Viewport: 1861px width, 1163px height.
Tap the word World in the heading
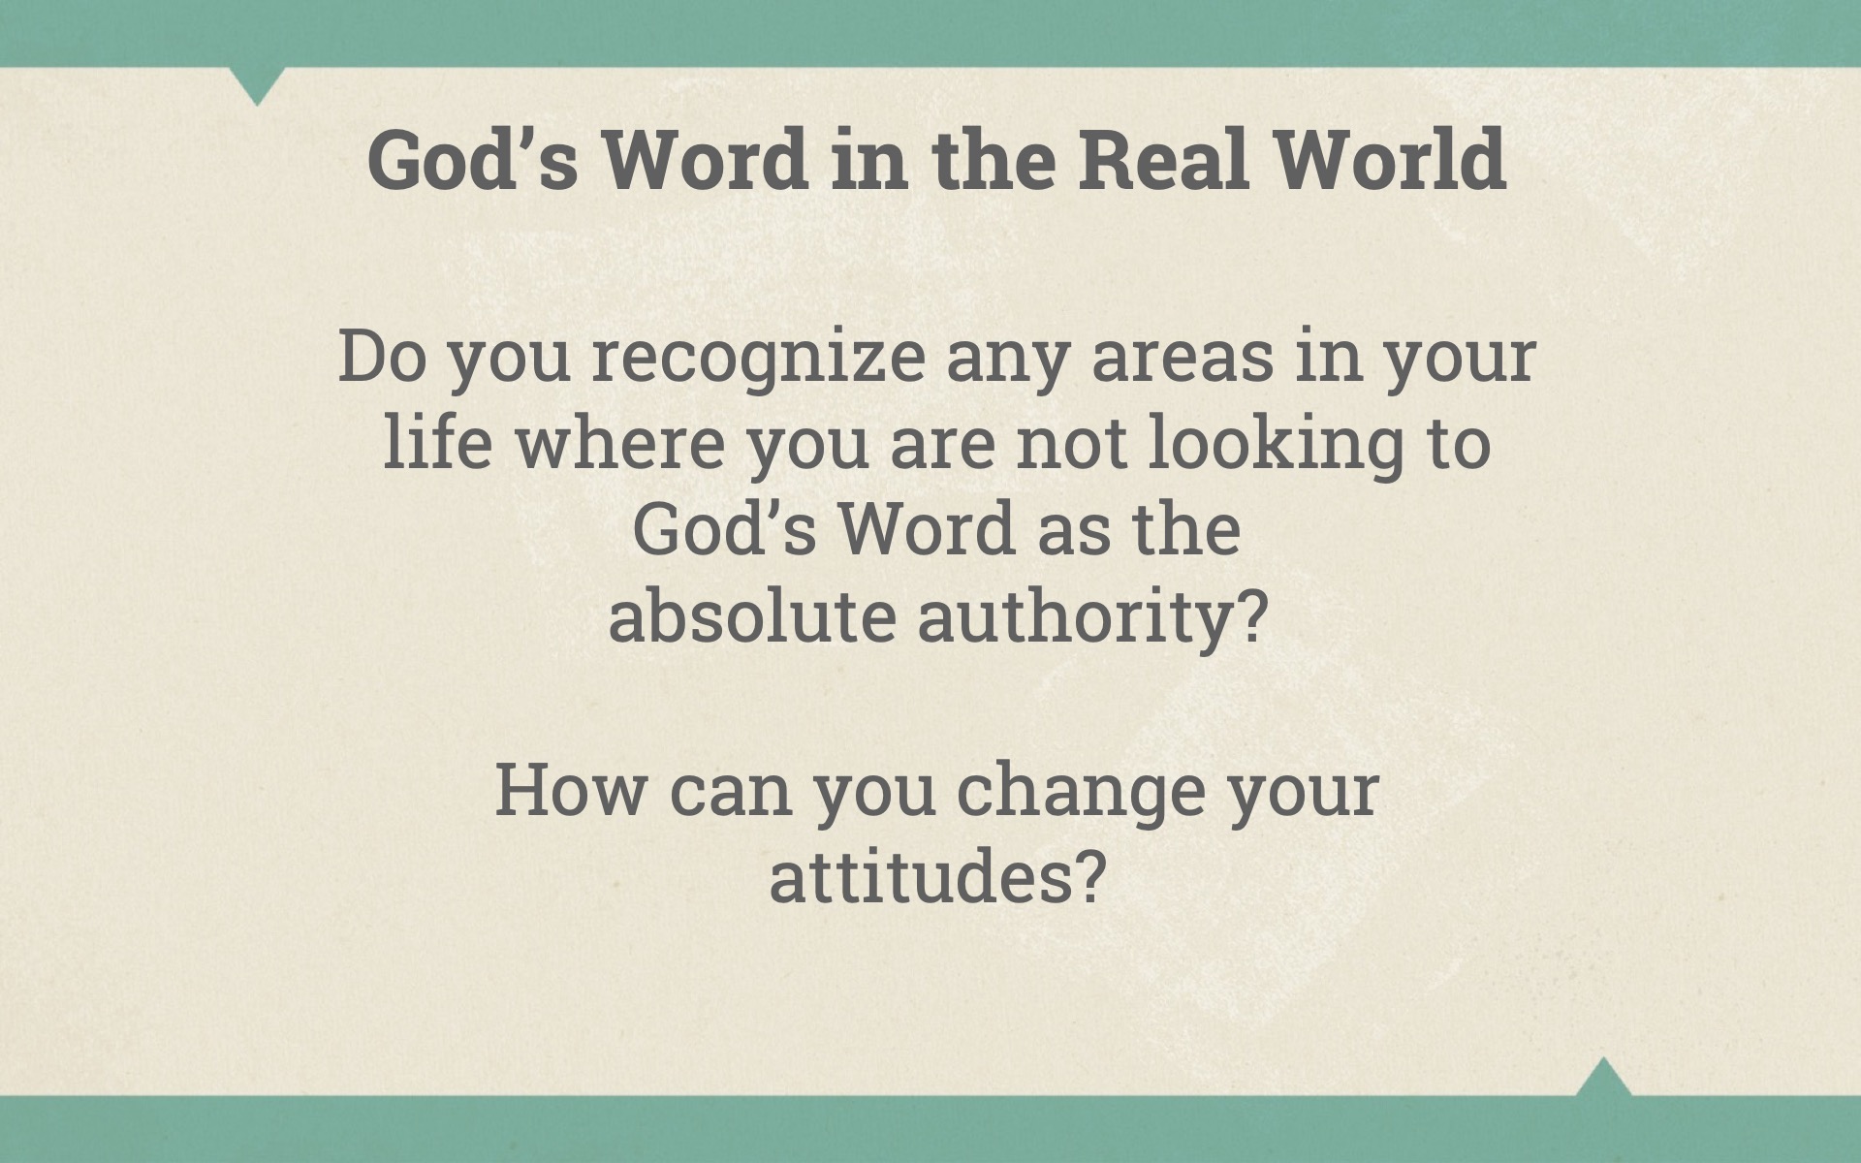1389,159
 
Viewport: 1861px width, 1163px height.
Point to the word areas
1183,357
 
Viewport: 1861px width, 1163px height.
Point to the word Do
382,357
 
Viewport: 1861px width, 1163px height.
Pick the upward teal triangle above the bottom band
1603,1078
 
